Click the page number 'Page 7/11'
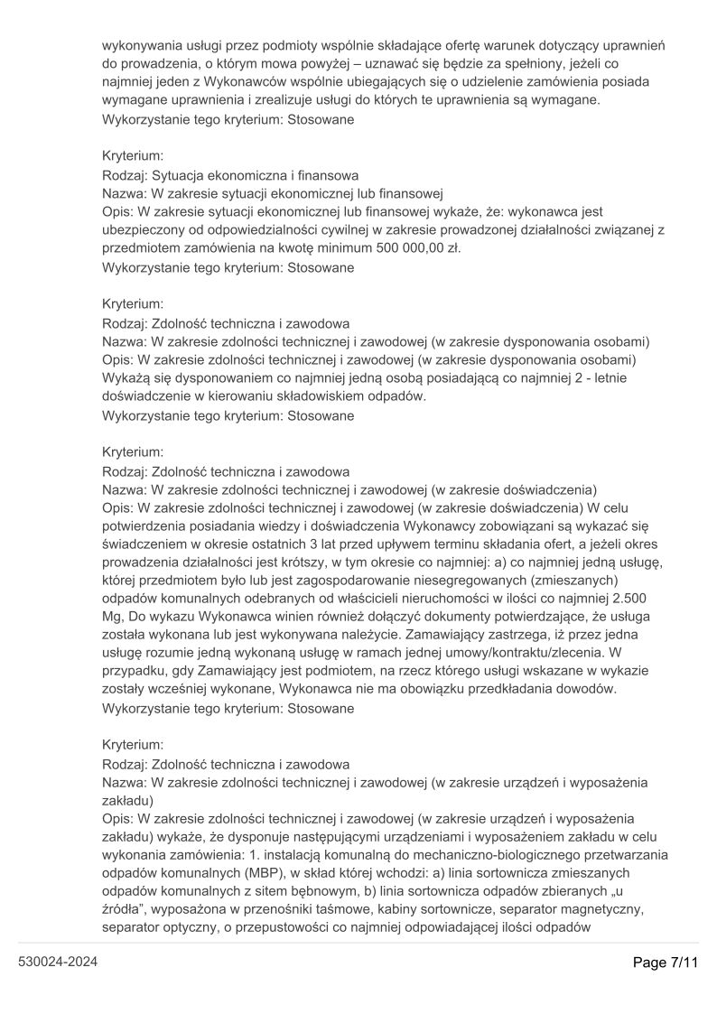pyautogui.click(x=666, y=962)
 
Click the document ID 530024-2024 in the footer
pyautogui.click(x=58, y=962)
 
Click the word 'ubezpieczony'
pyautogui.click(x=144, y=230)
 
